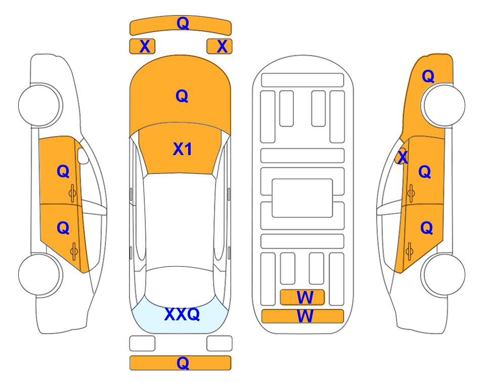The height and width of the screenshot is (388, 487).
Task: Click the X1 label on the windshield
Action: coord(183,149)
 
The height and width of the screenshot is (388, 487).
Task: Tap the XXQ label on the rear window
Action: coord(182,314)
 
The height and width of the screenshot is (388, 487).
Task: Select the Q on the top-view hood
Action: coord(182,96)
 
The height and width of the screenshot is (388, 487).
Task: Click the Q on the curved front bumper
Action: coord(183,23)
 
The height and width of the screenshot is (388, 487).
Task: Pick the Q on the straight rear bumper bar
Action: coord(183,363)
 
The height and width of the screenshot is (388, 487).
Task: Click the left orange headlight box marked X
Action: coord(142,46)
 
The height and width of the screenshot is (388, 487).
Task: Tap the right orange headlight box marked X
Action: coord(219,46)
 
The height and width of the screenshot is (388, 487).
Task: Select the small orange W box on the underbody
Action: coord(302,298)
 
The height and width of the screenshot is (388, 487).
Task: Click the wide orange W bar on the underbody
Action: coord(303,316)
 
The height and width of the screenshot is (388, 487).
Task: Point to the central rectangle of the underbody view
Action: coord(302,198)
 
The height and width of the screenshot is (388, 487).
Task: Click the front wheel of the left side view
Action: coord(39,105)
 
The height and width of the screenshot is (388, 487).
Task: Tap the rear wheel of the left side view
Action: coord(39,274)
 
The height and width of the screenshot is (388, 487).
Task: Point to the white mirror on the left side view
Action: coord(83,156)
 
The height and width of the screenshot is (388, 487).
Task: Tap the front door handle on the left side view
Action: coord(73,193)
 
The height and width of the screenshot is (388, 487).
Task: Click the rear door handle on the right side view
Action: coord(409,252)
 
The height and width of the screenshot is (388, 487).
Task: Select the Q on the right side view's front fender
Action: coord(428,76)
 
